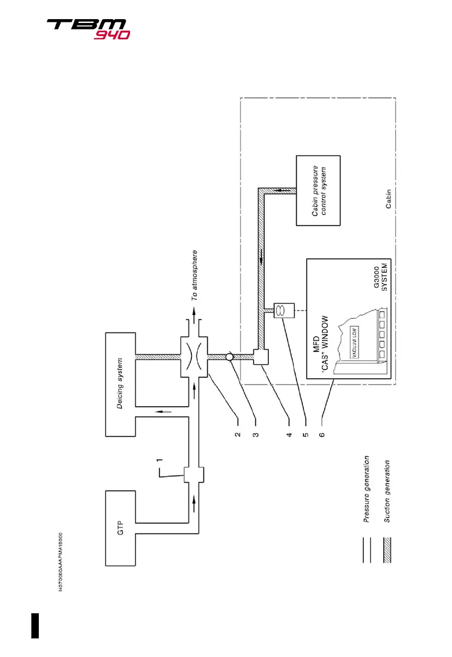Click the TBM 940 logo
tap(88, 29)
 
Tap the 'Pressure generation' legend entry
tap(368, 490)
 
